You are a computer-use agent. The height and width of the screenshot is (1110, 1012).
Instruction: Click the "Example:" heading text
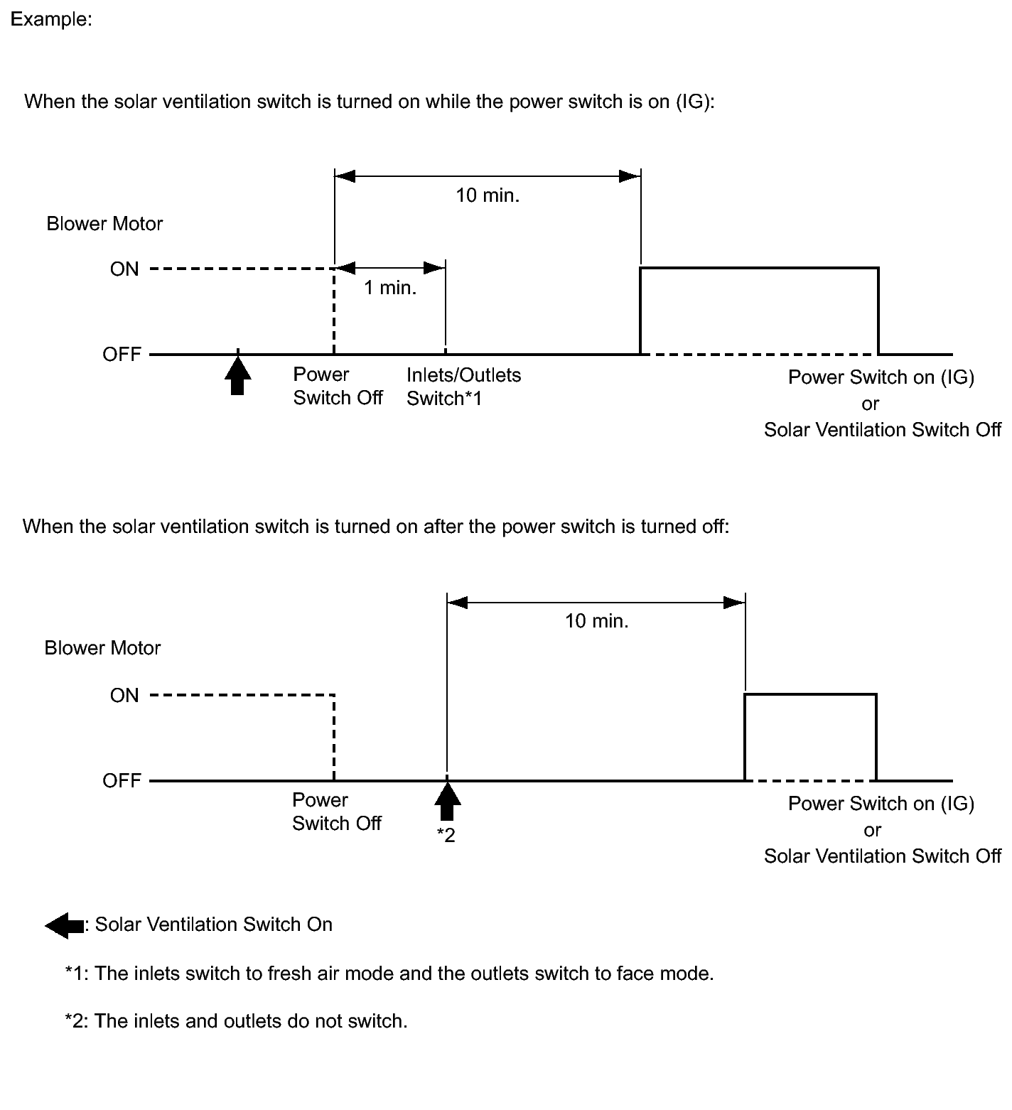pyautogui.click(x=51, y=19)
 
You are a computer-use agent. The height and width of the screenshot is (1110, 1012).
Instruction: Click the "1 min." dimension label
pyautogui.click(x=390, y=288)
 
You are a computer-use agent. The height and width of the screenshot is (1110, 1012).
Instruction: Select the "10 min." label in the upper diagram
pyautogui.click(x=488, y=195)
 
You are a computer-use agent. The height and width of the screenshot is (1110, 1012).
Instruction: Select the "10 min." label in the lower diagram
pyautogui.click(x=597, y=621)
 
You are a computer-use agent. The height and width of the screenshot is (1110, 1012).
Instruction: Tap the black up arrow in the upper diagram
pyautogui.click(x=237, y=376)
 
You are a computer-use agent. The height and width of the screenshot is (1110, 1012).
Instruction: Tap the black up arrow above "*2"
pyautogui.click(x=447, y=802)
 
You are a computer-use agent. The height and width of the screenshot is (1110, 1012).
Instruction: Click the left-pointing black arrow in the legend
pyautogui.click(x=65, y=925)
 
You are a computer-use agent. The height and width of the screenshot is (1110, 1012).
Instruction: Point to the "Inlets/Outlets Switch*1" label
pyautogui.click(x=463, y=387)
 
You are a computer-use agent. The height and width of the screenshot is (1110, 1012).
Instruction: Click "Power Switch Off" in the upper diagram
pyautogui.click(x=338, y=386)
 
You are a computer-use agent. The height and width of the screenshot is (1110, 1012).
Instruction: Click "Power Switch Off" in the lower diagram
pyautogui.click(x=336, y=812)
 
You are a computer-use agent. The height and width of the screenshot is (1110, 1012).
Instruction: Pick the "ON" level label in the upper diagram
pyautogui.click(x=124, y=269)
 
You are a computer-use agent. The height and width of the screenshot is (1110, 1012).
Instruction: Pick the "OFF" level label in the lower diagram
pyautogui.click(x=122, y=780)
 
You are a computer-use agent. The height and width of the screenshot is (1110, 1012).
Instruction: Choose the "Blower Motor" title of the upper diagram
pyautogui.click(x=104, y=224)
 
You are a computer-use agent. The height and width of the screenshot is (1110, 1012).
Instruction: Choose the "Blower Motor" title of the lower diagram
pyautogui.click(x=102, y=648)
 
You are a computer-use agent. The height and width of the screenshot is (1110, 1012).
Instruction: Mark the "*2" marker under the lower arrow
pyautogui.click(x=446, y=835)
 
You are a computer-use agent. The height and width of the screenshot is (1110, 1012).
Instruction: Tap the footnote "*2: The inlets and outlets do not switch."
pyautogui.click(x=236, y=1021)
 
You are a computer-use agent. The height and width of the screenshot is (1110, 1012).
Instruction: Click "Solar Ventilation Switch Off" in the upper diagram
pyautogui.click(x=882, y=430)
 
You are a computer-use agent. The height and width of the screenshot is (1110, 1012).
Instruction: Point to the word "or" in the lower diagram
pyautogui.click(x=872, y=830)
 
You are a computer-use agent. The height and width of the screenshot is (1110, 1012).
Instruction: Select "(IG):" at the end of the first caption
pyautogui.click(x=694, y=102)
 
